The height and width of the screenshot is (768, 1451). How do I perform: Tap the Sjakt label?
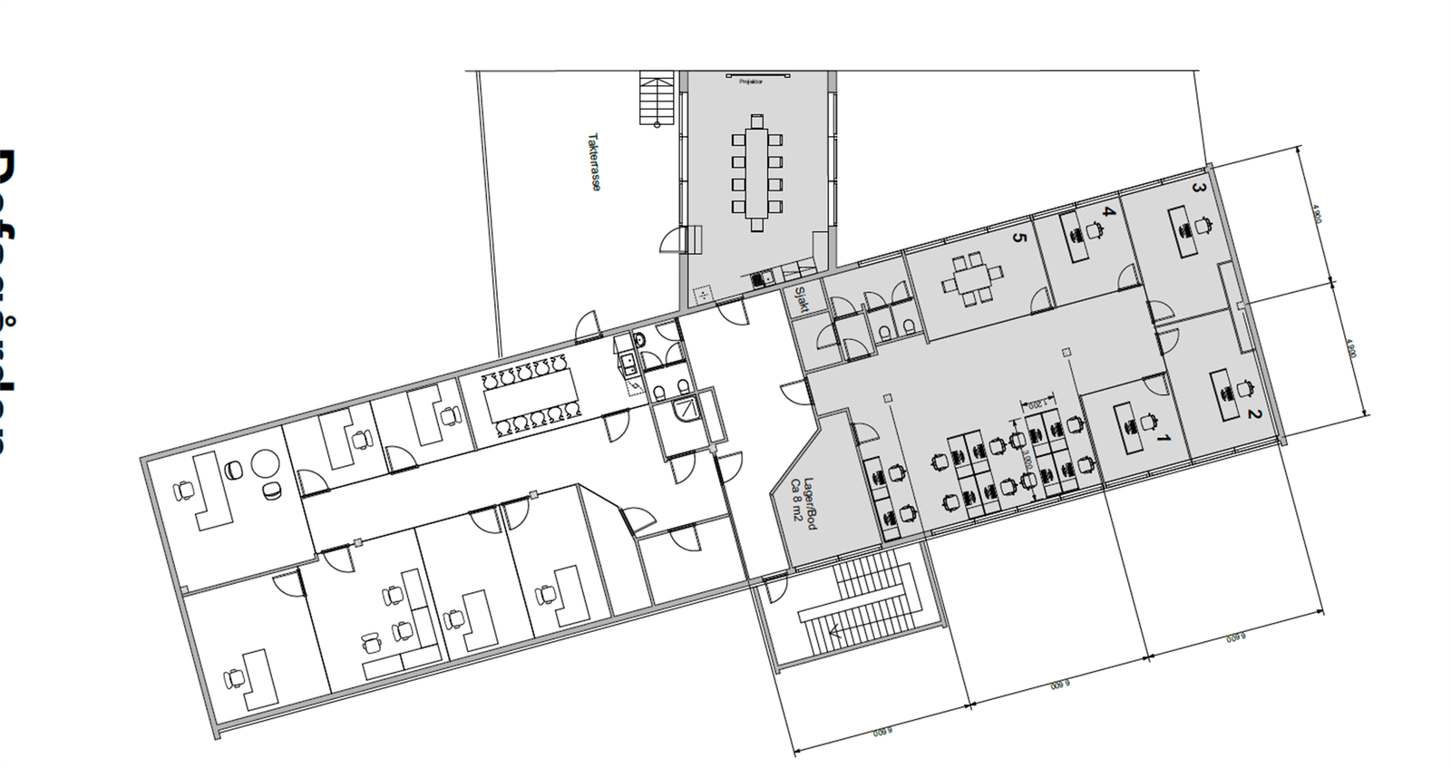[801, 299]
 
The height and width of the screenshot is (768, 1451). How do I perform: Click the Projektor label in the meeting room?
[751, 82]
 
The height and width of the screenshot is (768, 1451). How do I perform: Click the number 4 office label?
[1107, 212]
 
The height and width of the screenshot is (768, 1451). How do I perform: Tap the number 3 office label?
[1198, 189]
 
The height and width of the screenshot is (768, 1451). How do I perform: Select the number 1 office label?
[1165, 440]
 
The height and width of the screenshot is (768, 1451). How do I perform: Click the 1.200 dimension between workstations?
[1037, 405]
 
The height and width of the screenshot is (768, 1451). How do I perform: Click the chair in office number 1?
[1151, 423]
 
